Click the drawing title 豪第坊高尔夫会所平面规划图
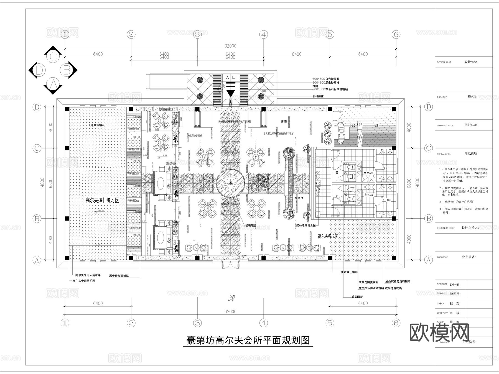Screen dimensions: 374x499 pos(248,340)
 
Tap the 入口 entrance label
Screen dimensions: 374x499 pos(230,77)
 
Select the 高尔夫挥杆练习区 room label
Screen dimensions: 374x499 pos(102,200)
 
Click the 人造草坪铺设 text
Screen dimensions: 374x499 pos(96,125)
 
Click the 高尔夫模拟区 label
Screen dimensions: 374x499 pos(328,236)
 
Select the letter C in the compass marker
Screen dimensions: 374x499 pos(53,57)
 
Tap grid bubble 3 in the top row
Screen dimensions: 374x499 pos(197,35)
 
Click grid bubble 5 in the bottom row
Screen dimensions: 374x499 pos(330,323)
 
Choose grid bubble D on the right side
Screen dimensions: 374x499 pos(429,107)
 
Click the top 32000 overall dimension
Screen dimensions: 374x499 pos(230,46)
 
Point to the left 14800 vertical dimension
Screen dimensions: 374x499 pos(42,183)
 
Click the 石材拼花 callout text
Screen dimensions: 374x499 pos(318,96)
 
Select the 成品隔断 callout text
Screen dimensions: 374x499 pos(357,297)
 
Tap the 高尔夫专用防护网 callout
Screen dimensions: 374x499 pos(84,281)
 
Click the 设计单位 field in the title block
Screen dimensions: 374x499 pos(471,62)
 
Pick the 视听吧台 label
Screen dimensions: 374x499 pos(251,226)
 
